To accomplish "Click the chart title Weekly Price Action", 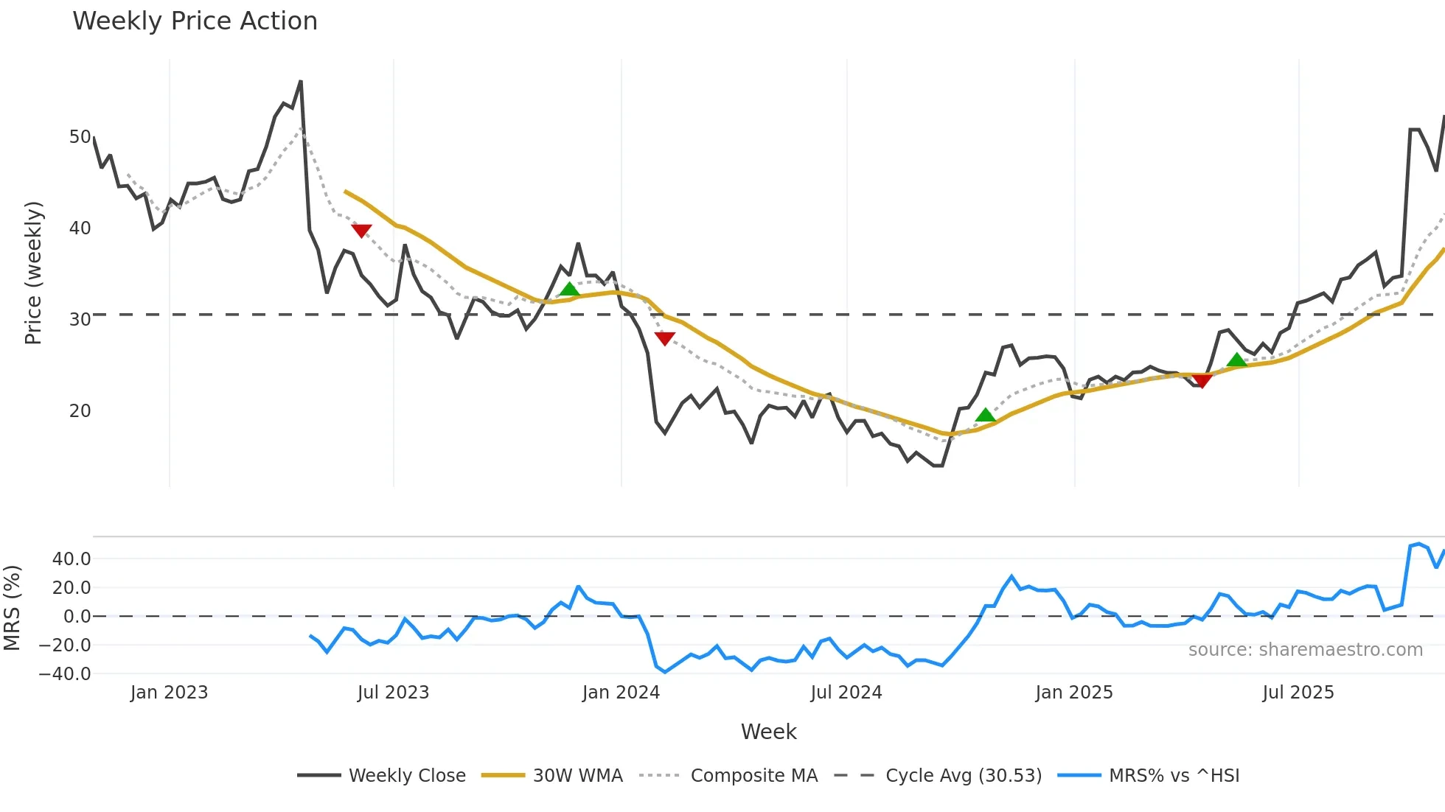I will pyautogui.click(x=195, y=21).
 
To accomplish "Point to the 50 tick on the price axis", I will pyautogui.click(x=80, y=137).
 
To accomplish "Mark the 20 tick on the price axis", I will pyautogui.click(x=80, y=411).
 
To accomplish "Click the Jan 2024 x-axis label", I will pyautogui.click(x=621, y=693).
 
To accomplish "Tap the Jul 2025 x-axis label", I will pyautogui.click(x=1298, y=693).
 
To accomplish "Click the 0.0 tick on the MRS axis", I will pyautogui.click(x=77, y=616).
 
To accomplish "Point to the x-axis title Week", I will pyautogui.click(x=768, y=732).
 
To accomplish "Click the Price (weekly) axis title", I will pyautogui.click(x=34, y=273).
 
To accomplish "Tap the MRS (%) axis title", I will pyautogui.click(x=12, y=608).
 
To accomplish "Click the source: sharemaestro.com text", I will pyautogui.click(x=1305, y=650).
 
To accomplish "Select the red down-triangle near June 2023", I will pyautogui.click(x=361, y=231).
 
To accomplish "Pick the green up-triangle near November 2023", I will pyautogui.click(x=569, y=289).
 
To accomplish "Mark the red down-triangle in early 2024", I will pyautogui.click(x=664, y=338).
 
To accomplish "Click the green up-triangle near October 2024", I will pyautogui.click(x=986, y=415).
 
